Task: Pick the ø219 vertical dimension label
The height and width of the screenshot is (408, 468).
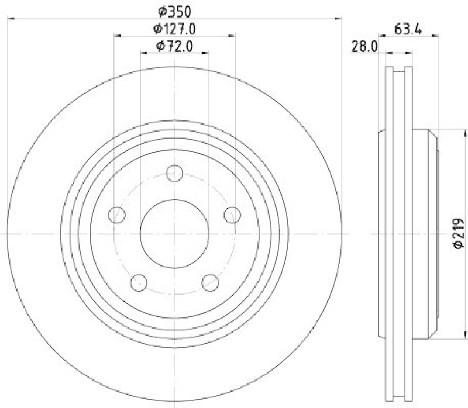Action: coord(457,233)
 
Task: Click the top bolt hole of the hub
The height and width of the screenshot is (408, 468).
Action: coord(174,174)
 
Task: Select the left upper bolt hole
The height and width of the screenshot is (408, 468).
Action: coord(118,215)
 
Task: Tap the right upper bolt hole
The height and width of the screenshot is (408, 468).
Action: coord(232,215)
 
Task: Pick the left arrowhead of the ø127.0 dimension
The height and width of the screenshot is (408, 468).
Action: coord(117,36)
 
